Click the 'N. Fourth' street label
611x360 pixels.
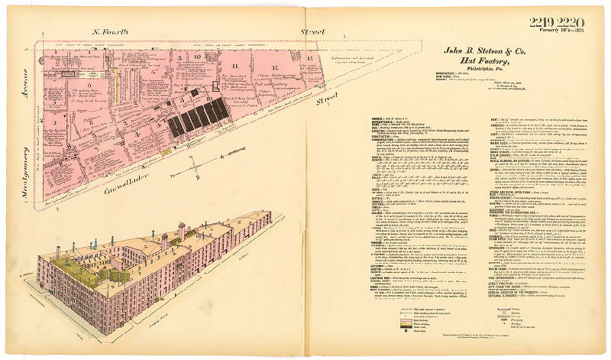pos(110,32)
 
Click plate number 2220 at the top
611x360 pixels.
pos(571,21)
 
